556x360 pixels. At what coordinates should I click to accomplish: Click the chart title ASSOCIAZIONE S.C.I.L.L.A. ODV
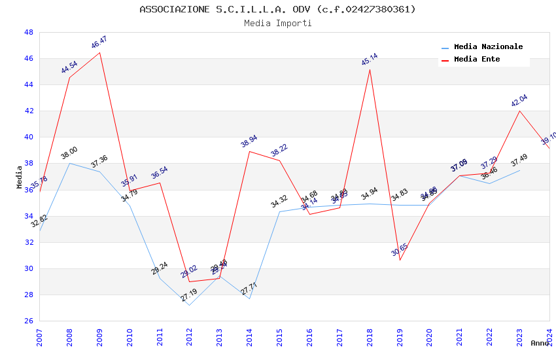tap(277, 9)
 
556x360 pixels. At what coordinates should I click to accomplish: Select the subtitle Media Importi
tap(277, 23)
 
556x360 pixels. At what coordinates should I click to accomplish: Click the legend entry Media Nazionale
tap(488, 47)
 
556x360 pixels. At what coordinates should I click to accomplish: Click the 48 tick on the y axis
tap(28, 32)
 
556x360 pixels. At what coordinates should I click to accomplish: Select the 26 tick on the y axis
tap(28, 321)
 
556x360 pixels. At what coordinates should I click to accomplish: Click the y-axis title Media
tap(20, 177)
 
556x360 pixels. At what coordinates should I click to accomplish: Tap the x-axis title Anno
tap(540, 343)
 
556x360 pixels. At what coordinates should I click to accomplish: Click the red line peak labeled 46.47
tap(99, 52)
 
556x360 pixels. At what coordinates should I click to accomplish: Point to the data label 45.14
tap(370, 60)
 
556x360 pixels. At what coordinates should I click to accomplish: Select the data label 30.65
tap(400, 250)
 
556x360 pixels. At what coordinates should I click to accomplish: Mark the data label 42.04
tap(519, 101)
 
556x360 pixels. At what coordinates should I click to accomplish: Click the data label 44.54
tap(69, 67)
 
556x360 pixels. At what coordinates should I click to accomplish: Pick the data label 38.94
tap(249, 142)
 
